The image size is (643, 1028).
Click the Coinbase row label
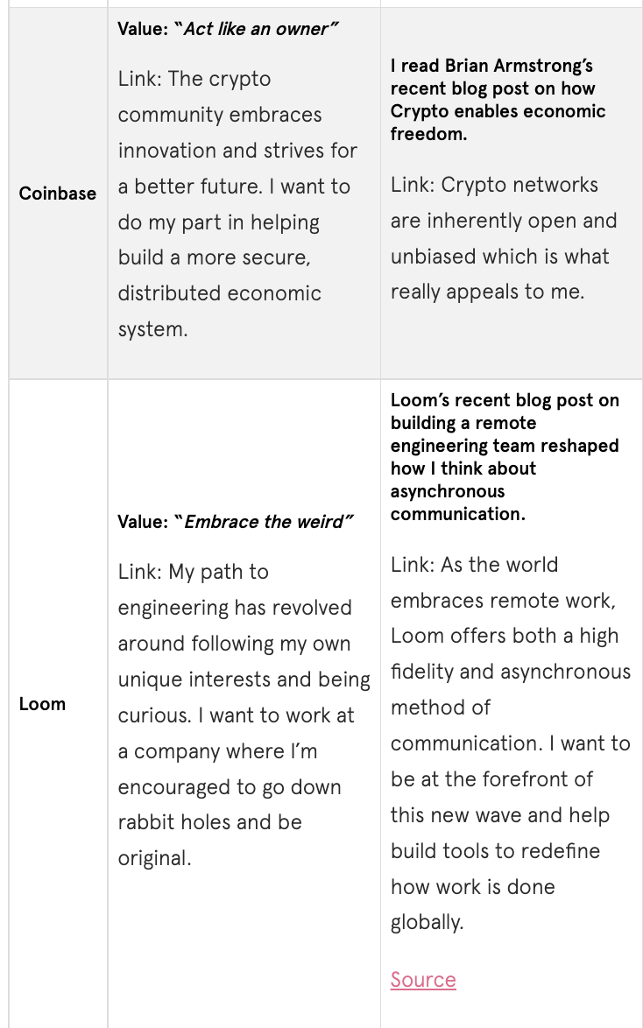58,194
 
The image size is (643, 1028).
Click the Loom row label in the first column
42,704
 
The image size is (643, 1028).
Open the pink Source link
423,979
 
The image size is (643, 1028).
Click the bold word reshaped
579,446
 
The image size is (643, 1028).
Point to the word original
154,859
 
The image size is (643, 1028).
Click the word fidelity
426,672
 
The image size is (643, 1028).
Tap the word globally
427,923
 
